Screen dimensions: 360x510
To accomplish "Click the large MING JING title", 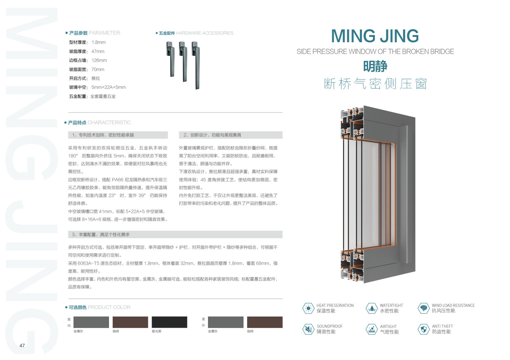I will tap(375, 36).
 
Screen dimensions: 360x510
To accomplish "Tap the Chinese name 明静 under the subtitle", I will tap(375, 66).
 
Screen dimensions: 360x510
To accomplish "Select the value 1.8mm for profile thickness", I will tap(98, 42).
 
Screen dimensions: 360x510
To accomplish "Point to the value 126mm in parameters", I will tap(99, 60).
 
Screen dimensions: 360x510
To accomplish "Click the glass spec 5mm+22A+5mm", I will tap(108, 87).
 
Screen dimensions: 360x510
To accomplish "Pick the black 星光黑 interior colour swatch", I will tap(169, 322).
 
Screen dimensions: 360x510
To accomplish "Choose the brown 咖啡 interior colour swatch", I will tap(130, 322).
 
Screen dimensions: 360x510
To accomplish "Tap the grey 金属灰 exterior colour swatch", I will tap(225, 322).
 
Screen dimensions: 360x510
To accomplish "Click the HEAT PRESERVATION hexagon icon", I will tap(308, 308).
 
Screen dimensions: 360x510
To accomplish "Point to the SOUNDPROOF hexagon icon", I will tap(308, 329).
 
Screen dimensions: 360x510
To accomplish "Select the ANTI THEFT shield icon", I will tap(423, 329).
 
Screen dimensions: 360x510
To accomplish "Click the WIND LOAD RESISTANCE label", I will tap(453, 305).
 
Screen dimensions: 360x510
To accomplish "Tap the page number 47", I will tap(22, 345).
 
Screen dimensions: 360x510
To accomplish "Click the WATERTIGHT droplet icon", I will tap(371, 308).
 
